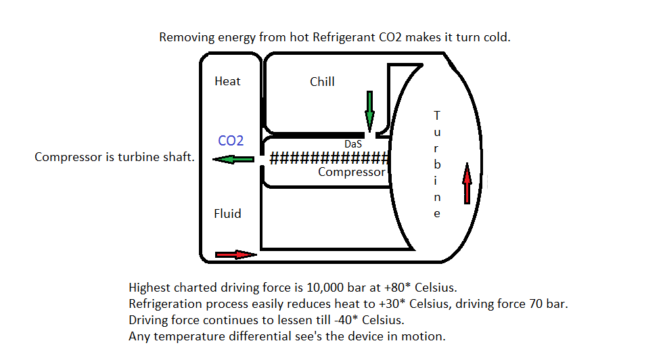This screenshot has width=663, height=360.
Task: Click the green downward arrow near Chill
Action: pos(369,111)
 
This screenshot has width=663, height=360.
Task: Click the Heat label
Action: pos(227,81)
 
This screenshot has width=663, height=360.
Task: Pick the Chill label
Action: pos(322,82)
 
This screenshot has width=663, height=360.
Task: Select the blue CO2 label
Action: pos(231,141)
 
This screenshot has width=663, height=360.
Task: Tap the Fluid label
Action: pos(227,213)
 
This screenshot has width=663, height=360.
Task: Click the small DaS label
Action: pos(353,144)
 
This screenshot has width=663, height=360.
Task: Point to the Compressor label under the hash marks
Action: pos(351,172)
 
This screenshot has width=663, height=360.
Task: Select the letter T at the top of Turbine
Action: pos(437,115)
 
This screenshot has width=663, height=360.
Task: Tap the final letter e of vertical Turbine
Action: pos(437,214)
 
